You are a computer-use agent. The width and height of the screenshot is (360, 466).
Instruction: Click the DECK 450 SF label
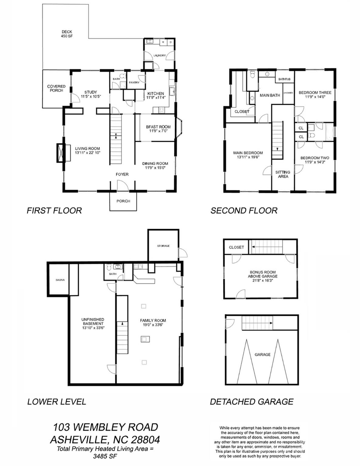[67, 34]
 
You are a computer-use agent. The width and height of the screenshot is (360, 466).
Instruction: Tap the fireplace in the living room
[61, 153]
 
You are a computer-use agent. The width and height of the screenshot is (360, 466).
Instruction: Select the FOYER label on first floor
[122, 174]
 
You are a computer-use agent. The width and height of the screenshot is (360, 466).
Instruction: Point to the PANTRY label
[134, 83]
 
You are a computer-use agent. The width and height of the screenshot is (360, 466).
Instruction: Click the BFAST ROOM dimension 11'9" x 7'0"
[158, 131]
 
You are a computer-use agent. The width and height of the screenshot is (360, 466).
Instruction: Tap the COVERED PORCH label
[56, 88]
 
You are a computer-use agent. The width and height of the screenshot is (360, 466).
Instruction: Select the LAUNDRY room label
[159, 56]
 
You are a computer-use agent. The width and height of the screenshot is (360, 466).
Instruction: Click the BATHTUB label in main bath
[284, 79]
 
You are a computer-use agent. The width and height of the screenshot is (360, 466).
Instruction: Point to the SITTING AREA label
[283, 174]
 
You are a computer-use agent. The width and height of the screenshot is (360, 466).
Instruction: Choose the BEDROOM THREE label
[315, 93]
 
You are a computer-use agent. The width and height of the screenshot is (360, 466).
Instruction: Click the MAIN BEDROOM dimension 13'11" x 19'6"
[248, 157]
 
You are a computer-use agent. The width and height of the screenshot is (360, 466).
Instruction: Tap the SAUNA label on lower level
[60, 280]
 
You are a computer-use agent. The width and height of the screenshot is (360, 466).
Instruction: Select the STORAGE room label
[163, 246]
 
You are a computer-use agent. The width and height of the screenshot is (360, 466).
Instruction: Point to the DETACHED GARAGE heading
[252, 402]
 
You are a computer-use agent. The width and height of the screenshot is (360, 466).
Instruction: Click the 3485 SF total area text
[105, 456]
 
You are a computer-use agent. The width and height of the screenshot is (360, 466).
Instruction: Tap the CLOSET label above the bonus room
[236, 247]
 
